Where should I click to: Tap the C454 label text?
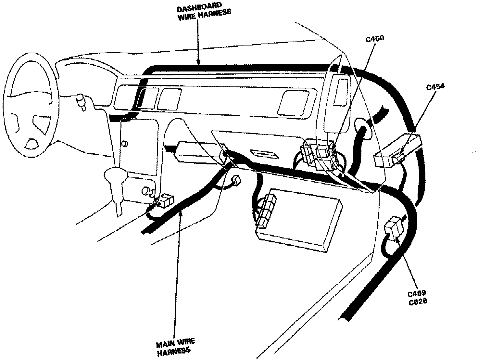(435, 87)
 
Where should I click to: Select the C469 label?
(417, 294)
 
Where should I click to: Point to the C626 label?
(418, 301)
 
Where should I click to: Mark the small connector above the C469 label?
(394, 229)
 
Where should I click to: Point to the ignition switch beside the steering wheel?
(81, 101)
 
